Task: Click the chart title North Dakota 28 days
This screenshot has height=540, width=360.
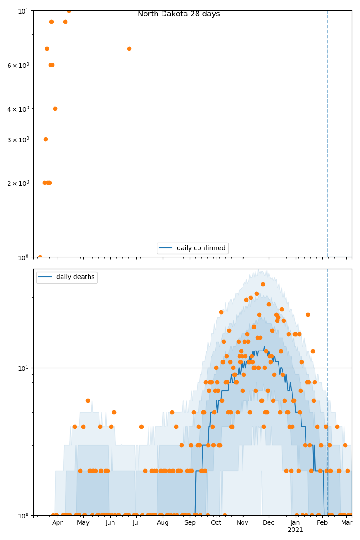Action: click(x=179, y=14)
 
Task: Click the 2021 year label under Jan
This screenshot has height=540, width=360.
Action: click(x=295, y=530)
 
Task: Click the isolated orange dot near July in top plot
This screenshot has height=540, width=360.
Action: click(x=129, y=49)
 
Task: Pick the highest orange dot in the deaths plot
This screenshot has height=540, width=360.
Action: click(x=263, y=284)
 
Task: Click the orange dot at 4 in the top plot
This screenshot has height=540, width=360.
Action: click(x=55, y=108)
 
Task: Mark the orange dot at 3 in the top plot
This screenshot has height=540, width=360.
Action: click(x=45, y=139)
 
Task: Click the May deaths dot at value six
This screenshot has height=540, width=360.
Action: click(x=88, y=400)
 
